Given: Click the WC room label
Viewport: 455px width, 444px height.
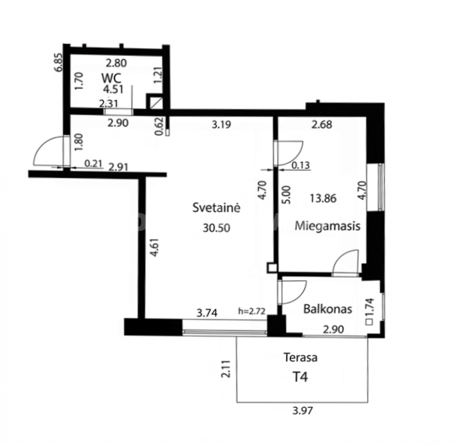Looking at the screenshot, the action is click(112, 78).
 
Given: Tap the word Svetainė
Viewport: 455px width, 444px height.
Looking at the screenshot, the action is click(217, 208).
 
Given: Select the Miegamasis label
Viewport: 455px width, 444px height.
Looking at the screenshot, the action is click(328, 226).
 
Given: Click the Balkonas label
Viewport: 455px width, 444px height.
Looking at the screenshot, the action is click(328, 309).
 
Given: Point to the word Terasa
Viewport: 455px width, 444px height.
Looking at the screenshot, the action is click(300, 357).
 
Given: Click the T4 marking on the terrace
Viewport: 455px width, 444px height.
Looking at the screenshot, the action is click(300, 377).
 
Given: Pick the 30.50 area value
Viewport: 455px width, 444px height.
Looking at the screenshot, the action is click(217, 228).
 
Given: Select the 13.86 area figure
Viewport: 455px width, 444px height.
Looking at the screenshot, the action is click(323, 198).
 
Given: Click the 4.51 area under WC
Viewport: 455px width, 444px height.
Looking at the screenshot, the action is click(113, 89).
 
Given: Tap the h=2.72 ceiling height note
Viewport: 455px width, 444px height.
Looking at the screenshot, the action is click(252, 312).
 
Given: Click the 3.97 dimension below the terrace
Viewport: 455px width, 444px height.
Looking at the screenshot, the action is click(303, 411).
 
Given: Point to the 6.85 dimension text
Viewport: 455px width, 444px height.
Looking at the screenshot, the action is click(59, 62).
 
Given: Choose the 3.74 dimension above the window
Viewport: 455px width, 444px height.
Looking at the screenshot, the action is click(207, 313).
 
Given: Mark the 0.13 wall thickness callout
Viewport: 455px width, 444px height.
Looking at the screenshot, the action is click(301, 165).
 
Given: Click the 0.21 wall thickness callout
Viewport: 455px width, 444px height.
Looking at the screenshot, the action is click(94, 164).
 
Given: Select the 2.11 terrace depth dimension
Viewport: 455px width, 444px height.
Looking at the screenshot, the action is click(226, 369).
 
